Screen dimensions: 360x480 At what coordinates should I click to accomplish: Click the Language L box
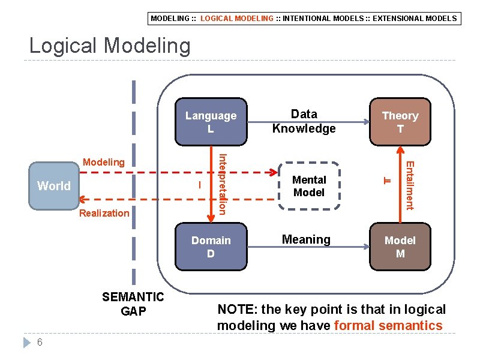(211, 122)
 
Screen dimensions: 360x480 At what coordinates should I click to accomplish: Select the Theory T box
(400, 122)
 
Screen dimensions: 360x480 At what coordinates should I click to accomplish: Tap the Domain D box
(211, 247)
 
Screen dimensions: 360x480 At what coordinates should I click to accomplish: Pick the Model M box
(400, 247)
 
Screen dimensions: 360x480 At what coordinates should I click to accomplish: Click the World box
(54, 186)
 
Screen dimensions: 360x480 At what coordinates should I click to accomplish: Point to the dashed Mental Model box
(309, 186)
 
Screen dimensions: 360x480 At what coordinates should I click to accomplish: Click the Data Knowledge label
(304, 121)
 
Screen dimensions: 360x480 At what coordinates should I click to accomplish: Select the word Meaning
(306, 239)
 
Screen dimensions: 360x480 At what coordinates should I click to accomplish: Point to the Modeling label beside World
(104, 162)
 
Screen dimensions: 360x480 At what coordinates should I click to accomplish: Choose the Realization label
(104, 213)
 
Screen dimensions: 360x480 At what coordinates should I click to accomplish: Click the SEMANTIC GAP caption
(133, 304)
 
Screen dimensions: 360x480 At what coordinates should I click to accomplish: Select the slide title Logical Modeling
(110, 46)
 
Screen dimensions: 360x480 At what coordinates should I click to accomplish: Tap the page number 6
(39, 342)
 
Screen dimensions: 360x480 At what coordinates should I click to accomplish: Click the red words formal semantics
(388, 326)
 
